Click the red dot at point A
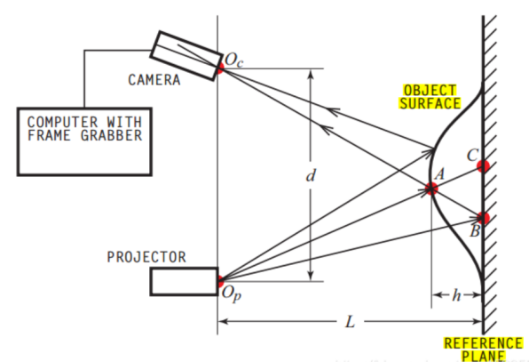click(431, 189)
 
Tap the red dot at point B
click(484, 218)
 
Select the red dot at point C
click(484, 166)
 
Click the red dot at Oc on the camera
click(219, 68)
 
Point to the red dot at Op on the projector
click(220, 280)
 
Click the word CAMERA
click(154, 80)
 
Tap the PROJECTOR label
click(146, 257)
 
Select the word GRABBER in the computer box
click(111, 135)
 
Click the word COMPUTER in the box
click(63, 122)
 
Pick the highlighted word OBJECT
click(430, 91)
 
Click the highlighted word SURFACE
click(430, 103)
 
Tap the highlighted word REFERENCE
click(483, 343)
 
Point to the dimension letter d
click(311, 175)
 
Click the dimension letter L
click(351, 321)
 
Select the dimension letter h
click(456, 295)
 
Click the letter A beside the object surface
click(439, 174)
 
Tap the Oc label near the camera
click(233, 60)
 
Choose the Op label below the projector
click(232, 294)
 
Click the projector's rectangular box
click(185, 282)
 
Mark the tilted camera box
click(186, 56)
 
